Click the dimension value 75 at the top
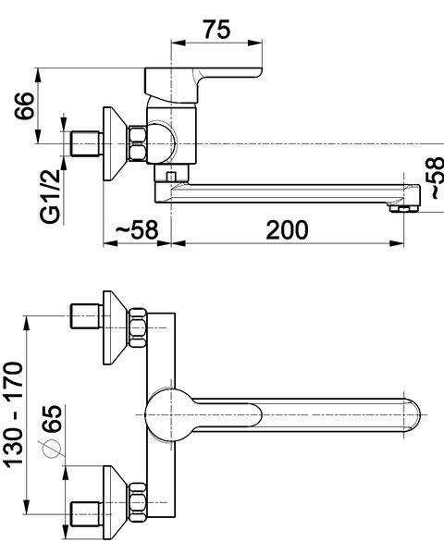point(216,29)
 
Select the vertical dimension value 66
point(24,105)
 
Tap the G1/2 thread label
point(50,196)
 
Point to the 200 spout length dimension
point(287,230)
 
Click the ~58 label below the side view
point(137,230)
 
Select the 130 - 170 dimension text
point(13,414)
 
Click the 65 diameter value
point(52,418)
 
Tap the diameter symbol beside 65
point(52,449)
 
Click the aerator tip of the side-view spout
point(404,209)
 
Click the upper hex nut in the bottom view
point(138,327)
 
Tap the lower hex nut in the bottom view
point(138,502)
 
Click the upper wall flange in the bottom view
point(115,327)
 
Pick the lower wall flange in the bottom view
point(115,502)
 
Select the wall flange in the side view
point(115,143)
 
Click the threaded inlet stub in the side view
point(86,143)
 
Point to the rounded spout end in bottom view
point(413,414)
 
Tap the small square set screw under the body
point(171,176)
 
